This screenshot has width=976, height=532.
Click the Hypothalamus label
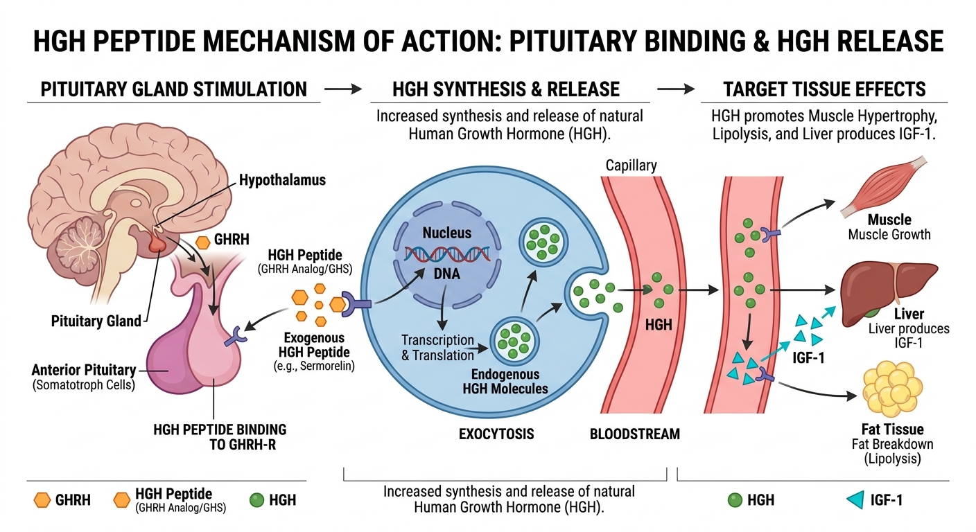tap(282, 180)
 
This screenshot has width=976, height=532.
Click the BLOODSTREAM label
tap(634, 434)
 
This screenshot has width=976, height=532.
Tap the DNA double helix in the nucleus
tap(447, 256)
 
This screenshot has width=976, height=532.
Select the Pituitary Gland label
tap(96, 321)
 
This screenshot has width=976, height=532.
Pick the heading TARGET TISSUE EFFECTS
tap(824, 89)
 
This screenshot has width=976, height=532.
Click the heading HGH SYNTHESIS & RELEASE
tap(505, 89)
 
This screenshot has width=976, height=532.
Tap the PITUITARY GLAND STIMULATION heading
tap(173, 89)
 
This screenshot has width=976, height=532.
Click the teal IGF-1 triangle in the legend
tap(855, 499)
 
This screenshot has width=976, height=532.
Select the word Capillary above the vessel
tap(631, 166)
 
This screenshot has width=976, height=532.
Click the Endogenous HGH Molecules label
tap(505, 382)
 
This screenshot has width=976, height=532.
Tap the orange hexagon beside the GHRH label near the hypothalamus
tap(203, 242)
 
